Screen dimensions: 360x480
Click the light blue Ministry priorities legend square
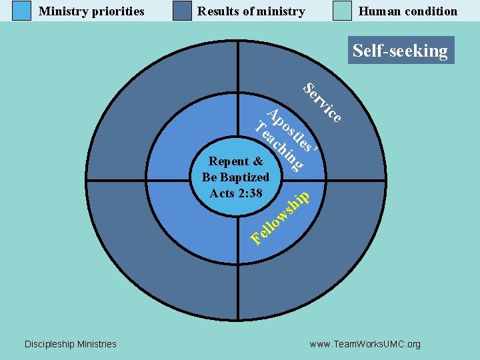coord(22,11)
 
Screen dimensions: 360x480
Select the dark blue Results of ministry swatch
coord(182,11)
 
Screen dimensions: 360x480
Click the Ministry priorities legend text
coord(91,11)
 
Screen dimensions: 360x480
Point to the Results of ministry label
coord(251,11)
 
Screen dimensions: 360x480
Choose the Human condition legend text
coord(408,11)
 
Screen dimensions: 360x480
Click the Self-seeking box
coord(400,51)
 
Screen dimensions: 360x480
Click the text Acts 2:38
coord(236,193)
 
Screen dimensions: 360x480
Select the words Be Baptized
coord(236,177)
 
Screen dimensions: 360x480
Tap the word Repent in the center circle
coord(229,161)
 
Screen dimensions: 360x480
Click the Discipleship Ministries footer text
coord(70,344)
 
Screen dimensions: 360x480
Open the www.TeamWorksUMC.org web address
coord(365,345)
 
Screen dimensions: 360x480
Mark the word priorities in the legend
coord(117,11)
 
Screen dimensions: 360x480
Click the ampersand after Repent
coord(259,161)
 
